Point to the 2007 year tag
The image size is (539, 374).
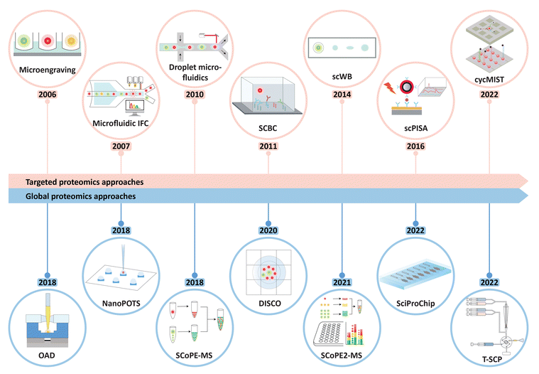121,147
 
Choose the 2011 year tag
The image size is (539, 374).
268,147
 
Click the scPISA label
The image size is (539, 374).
416,129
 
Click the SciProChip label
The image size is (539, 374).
416,304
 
